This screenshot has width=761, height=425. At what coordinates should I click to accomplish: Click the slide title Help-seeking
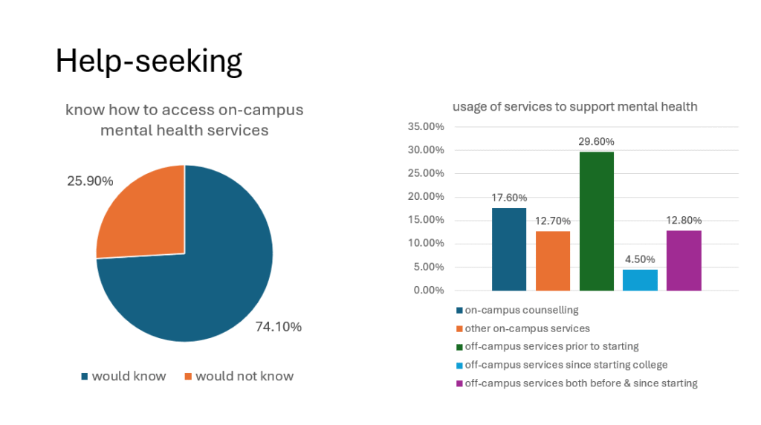(x=149, y=62)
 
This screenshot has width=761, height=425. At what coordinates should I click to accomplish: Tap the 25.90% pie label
(x=90, y=181)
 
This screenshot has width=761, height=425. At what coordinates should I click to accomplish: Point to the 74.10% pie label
(x=279, y=327)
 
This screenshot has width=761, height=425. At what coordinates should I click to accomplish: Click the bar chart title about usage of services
(x=575, y=106)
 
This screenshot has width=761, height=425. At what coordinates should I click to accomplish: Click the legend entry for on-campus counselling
(x=521, y=310)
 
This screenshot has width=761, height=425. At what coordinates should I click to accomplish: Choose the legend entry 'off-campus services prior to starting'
(x=551, y=346)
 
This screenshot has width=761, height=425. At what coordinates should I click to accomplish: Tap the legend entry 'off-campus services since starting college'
(x=566, y=365)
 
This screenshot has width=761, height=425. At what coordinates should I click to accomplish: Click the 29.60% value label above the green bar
(x=597, y=142)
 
